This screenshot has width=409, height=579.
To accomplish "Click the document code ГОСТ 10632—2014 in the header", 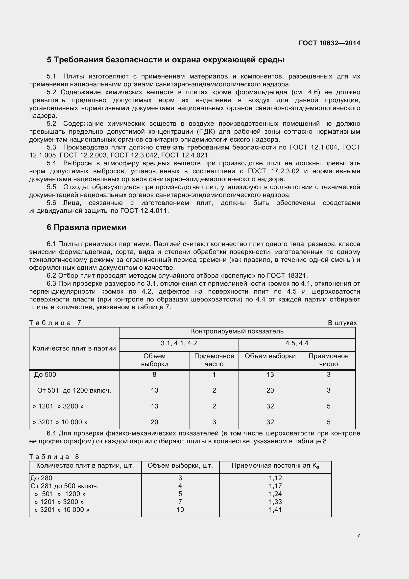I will (x=329, y=43).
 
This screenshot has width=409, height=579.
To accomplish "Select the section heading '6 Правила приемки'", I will (x=86, y=227).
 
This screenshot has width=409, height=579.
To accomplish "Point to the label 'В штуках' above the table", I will (x=342, y=323).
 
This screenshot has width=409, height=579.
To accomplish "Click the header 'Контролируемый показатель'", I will (x=237, y=331).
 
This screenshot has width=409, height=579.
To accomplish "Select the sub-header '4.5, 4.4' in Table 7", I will (x=297, y=343).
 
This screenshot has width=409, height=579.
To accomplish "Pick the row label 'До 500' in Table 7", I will (x=45, y=375).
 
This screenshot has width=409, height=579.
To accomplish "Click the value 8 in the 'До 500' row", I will (x=154, y=375).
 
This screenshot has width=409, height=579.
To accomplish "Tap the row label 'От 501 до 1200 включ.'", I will (x=74, y=391).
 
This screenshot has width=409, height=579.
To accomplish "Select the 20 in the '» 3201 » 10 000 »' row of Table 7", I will (x=154, y=422).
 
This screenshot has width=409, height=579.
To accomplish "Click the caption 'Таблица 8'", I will (x=54, y=457).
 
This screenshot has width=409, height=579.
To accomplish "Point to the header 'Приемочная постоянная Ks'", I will (x=275, y=466).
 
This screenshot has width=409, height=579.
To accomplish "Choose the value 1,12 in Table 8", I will (x=275, y=478).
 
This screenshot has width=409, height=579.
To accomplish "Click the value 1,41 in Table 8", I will (x=275, y=510).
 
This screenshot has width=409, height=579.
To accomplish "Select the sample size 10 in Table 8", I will (x=180, y=510).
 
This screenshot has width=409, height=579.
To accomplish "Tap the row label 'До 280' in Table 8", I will (x=41, y=478).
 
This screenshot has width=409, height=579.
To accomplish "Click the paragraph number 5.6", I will (x=51, y=203).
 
